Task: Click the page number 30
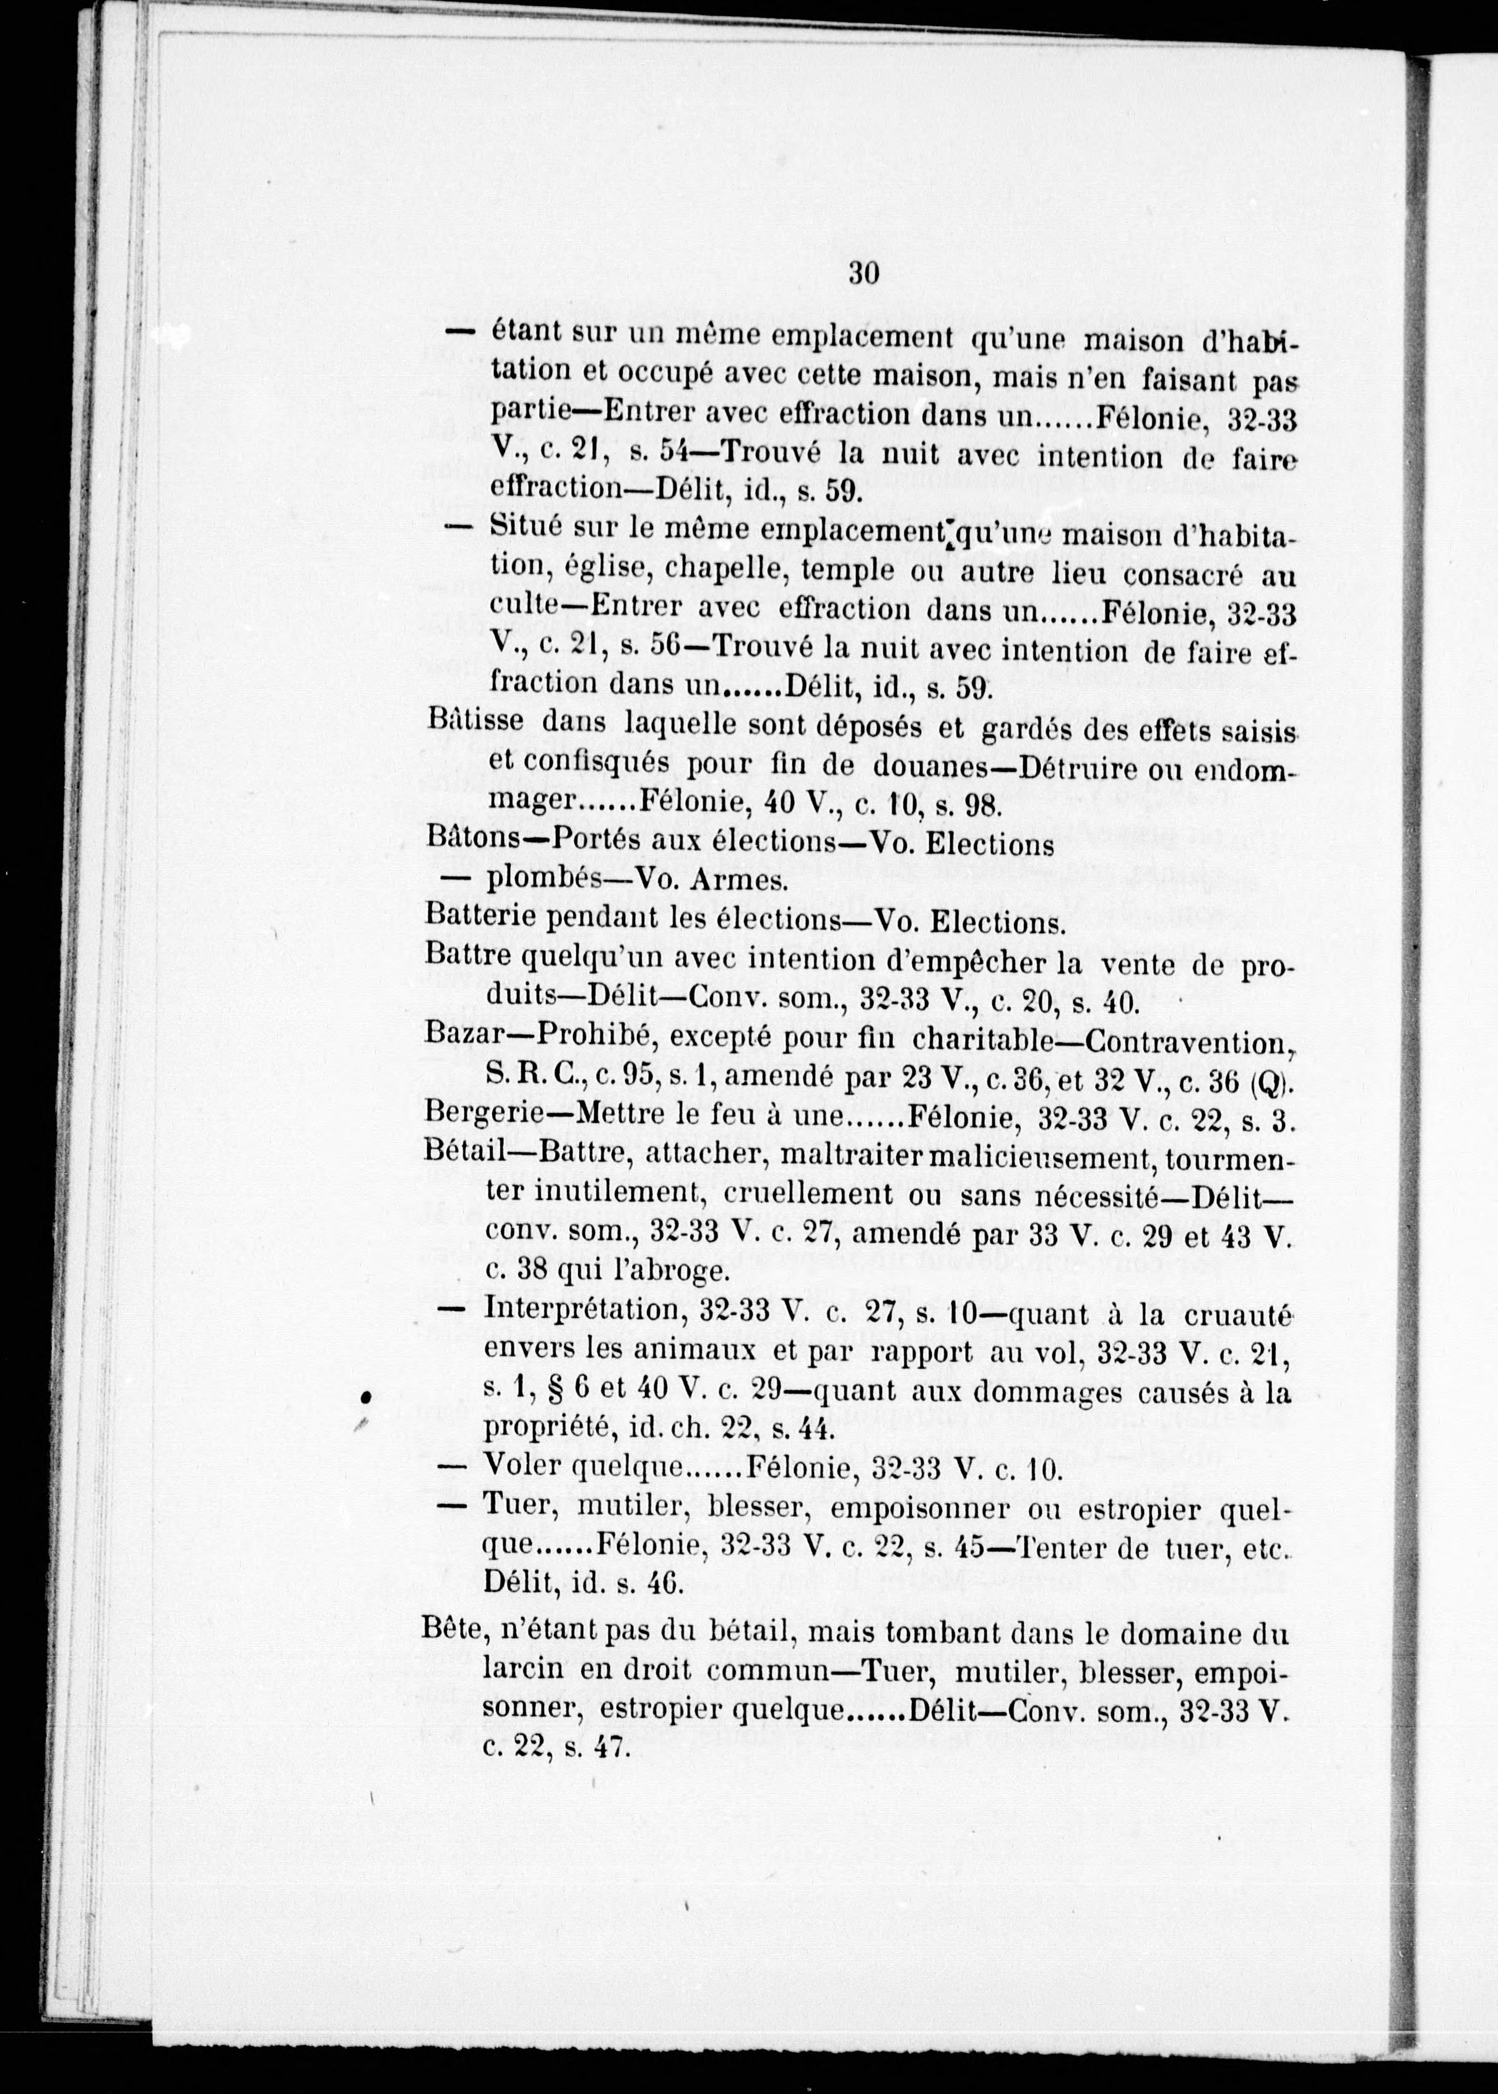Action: [x=864, y=274]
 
